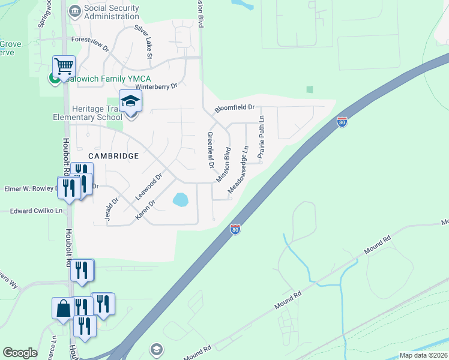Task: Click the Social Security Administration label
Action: pyautogui.click(x=112, y=12)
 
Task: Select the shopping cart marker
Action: pyautogui.click(x=64, y=67)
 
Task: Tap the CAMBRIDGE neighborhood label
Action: pyautogui.click(x=113, y=155)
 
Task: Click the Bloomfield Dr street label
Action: pyautogui.click(x=235, y=109)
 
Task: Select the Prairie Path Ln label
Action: pyautogui.click(x=261, y=139)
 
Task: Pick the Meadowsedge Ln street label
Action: pyautogui.click(x=238, y=170)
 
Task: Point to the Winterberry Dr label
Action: pyautogui.click(x=157, y=86)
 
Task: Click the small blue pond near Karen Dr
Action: pyautogui.click(x=179, y=199)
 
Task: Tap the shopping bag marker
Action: pyautogui.click(x=63, y=308)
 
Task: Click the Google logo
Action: pyautogui.click(x=20, y=353)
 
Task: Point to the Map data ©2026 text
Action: pyautogui.click(x=423, y=355)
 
